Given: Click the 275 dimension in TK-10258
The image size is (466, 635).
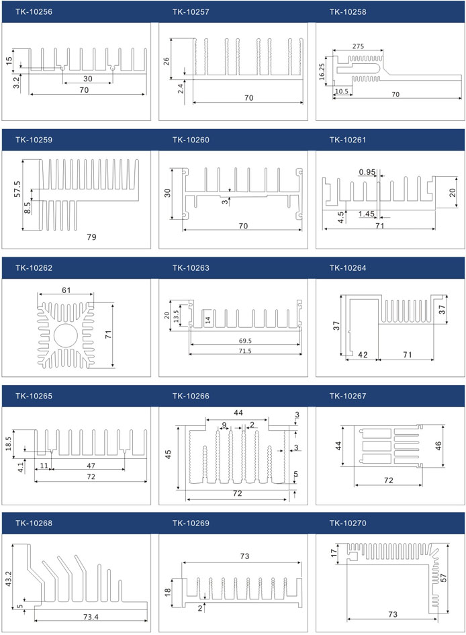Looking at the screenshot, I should click(x=357, y=46).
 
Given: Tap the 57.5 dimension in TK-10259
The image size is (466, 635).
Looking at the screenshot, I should click(x=18, y=188).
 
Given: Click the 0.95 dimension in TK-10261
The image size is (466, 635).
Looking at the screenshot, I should click(x=367, y=172).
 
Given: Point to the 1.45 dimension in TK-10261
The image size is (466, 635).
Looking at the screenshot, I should click(x=367, y=214).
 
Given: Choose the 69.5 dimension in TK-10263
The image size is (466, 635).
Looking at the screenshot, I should click(x=244, y=341).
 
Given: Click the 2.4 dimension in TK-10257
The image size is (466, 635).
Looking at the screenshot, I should click(x=181, y=88).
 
